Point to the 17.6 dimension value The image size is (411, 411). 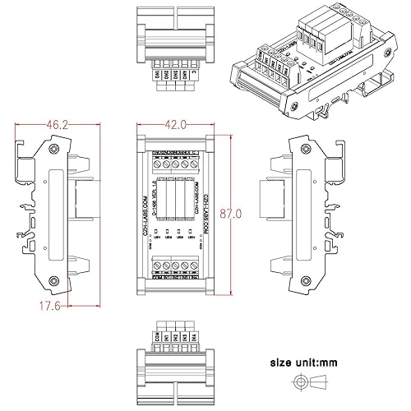[30, 307]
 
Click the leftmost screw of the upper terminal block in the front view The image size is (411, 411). [158, 163]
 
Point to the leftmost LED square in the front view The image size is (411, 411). [156, 233]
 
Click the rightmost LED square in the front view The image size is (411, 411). [191, 233]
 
